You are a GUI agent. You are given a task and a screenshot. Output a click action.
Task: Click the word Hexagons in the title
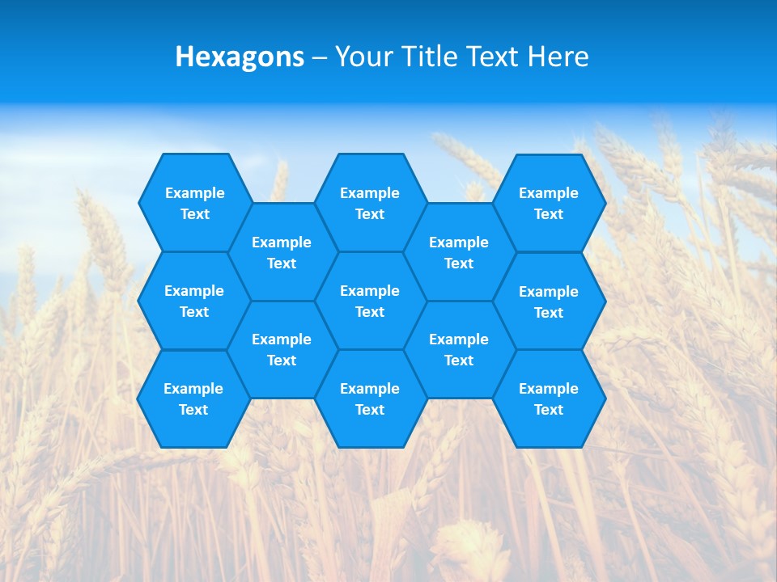click(x=240, y=57)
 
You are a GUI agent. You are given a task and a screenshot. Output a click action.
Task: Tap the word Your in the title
click(x=363, y=57)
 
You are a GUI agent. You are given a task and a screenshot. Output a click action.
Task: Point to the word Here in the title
click(x=558, y=57)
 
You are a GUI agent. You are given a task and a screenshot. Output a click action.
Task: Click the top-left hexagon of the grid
click(x=194, y=203)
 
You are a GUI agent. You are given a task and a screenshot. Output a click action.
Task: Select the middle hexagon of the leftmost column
click(x=194, y=301)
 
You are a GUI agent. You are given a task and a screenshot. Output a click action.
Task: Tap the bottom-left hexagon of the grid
click(x=193, y=399)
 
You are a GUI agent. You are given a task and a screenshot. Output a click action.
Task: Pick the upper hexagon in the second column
click(x=282, y=252)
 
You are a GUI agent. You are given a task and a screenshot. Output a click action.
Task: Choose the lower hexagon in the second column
click(x=282, y=349)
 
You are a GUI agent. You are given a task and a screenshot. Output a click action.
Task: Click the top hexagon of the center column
click(x=370, y=203)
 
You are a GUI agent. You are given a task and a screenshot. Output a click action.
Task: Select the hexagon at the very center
click(x=370, y=301)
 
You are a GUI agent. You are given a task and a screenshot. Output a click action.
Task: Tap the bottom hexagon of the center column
click(x=370, y=399)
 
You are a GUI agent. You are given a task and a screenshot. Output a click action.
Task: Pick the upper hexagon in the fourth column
click(x=459, y=252)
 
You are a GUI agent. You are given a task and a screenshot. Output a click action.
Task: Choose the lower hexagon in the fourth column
click(x=459, y=349)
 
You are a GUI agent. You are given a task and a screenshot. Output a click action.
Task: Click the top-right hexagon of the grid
click(x=549, y=203)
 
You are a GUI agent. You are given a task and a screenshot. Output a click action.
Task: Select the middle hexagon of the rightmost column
click(x=549, y=302)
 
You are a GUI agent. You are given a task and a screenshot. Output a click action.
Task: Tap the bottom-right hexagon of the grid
click(x=549, y=399)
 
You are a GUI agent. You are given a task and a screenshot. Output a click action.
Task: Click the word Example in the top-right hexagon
click(x=549, y=193)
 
